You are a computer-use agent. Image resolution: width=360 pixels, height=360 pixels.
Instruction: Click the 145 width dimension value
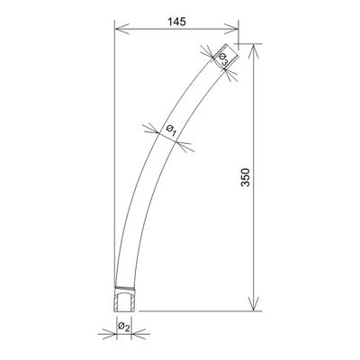coord(176,22)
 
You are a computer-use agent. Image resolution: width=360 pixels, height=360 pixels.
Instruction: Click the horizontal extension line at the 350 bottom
coord(198,310)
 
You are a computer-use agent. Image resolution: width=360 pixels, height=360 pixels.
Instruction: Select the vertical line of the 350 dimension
coord(256,225)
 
